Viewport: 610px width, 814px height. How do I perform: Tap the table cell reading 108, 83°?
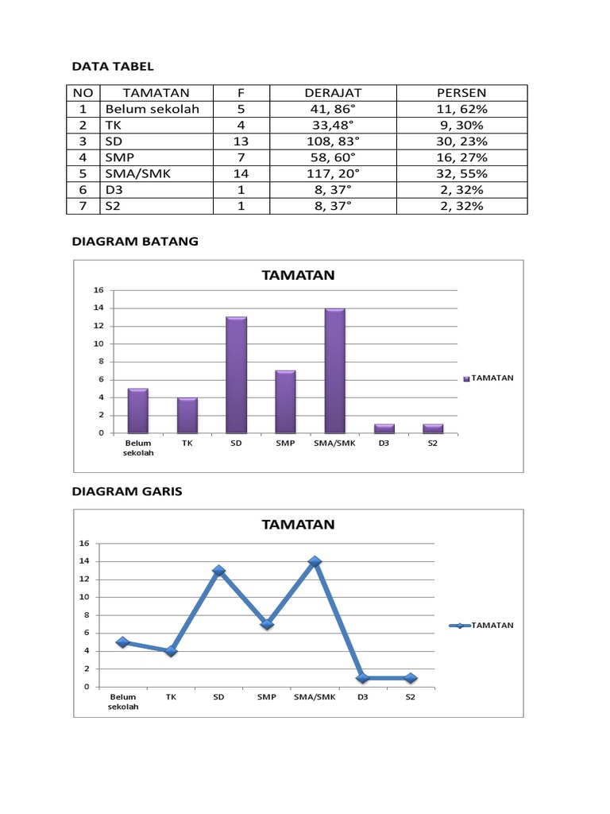[x=330, y=141]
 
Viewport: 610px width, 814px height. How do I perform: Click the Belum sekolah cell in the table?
[x=151, y=109]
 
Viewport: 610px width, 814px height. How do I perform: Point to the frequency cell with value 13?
[x=241, y=141]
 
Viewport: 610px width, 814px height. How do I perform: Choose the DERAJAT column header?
[x=330, y=93]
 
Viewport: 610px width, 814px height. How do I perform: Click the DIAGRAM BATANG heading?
[x=135, y=242]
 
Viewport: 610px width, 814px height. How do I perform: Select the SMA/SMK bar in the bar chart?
[x=334, y=370]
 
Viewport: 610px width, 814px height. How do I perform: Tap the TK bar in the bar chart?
[x=187, y=415]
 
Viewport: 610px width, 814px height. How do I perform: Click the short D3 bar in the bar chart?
[x=384, y=428]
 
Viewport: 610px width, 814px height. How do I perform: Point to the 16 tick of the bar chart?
[x=99, y=290]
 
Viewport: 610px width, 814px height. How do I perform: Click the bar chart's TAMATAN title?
[x=299, y=275]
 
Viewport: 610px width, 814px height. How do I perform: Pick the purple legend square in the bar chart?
[x=466, y=378]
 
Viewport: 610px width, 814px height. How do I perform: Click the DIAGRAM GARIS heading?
[x=127, y=491]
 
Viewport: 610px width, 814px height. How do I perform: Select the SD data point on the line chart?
[x=218, y=571]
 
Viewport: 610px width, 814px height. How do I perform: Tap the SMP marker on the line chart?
[x=267, y=624]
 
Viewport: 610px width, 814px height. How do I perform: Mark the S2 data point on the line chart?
[x=410, y=678]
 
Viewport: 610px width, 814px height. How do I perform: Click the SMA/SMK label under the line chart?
[x=315, y=697]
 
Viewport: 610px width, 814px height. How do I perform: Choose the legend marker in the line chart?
[x=460, y=626]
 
